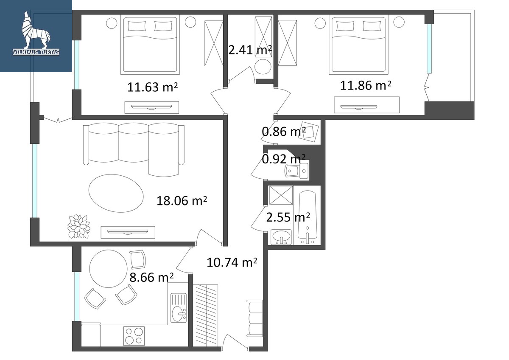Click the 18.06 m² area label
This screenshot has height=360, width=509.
[x=182, y=200]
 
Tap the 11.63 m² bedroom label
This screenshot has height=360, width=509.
[x=152, y=87]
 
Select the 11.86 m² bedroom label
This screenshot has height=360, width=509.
[x=366, y=85]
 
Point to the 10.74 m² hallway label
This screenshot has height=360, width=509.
[x=232, y=262]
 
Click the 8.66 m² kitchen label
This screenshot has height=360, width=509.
[x=151, y=278]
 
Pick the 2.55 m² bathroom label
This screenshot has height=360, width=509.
[x=288, y=217]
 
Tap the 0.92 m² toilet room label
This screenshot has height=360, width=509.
[x=284, y=159]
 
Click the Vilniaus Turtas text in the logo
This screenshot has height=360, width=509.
[x=36, y=52]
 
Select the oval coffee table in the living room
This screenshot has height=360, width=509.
[x=116, y=193]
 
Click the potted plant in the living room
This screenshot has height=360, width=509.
[x=78, y=227]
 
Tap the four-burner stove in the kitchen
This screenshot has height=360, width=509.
[x=134, y=336]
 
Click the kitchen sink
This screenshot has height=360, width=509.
[x=179, y=307]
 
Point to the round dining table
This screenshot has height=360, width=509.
[x=109, y=269]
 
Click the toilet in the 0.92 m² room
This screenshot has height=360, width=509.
[x=297, y=171]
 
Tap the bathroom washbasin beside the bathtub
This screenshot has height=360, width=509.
[x=281, y=237]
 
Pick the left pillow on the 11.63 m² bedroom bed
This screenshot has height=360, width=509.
[x=137, y=26]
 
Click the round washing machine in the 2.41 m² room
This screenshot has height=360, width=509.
[x=263, y=67]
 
